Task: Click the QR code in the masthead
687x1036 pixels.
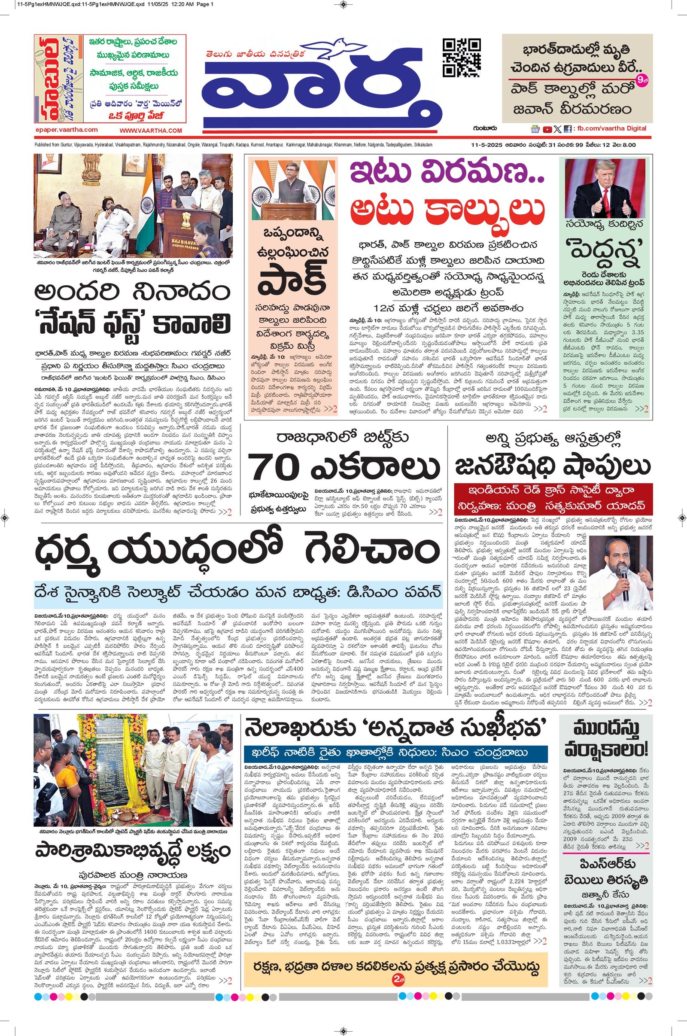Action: click(461, 58)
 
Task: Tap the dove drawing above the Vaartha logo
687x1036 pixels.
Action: click(339, 48)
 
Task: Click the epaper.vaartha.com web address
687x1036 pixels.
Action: click(66, 130)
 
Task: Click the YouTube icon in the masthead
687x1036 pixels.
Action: click(547, 129)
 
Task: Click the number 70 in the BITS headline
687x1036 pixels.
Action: click(275, 468)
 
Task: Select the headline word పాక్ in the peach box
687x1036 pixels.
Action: click(292, 280)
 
